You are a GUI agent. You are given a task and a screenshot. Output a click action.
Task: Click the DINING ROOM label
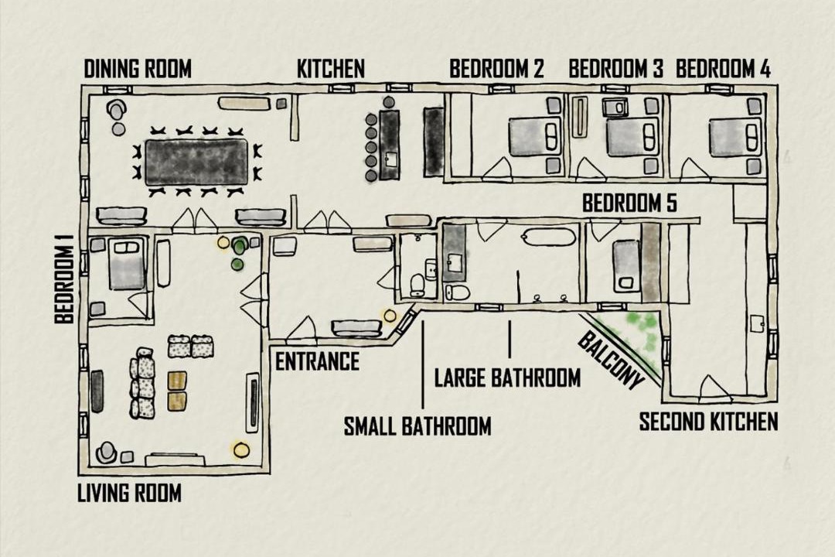click(x=138, y=69)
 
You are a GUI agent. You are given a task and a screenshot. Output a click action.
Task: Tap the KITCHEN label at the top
click(x=331, y=69)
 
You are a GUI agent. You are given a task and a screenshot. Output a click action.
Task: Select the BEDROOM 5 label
click(x=629, y=203)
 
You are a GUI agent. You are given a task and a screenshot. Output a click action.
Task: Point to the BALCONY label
click(x=610, y=361)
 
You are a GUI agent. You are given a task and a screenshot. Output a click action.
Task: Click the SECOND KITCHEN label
click(x=708, y=422)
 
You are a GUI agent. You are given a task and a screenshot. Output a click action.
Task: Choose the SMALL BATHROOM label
click(x=417, y=426)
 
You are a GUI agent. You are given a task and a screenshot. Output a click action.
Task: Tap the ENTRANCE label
click(x=317, y=361)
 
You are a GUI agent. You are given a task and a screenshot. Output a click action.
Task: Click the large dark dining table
click(x=196, y=162)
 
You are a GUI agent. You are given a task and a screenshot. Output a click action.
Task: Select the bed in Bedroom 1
click(x=128, y=263)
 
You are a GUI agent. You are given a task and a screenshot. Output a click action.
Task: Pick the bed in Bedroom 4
click(x=735, y=138)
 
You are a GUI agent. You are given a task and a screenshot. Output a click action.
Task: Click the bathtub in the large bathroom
click(x=550, y=237)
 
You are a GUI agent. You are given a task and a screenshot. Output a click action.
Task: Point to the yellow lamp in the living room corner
click(x=241, y=449)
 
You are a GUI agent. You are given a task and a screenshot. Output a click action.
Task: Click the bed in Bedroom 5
click(x=627, y=266)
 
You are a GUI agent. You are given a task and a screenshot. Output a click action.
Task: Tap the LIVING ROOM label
click(x=129, y=493)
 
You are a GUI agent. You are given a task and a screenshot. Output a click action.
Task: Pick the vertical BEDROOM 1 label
click(x=64, y=278)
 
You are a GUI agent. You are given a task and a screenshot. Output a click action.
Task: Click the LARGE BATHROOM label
click(x=507, y=378)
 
